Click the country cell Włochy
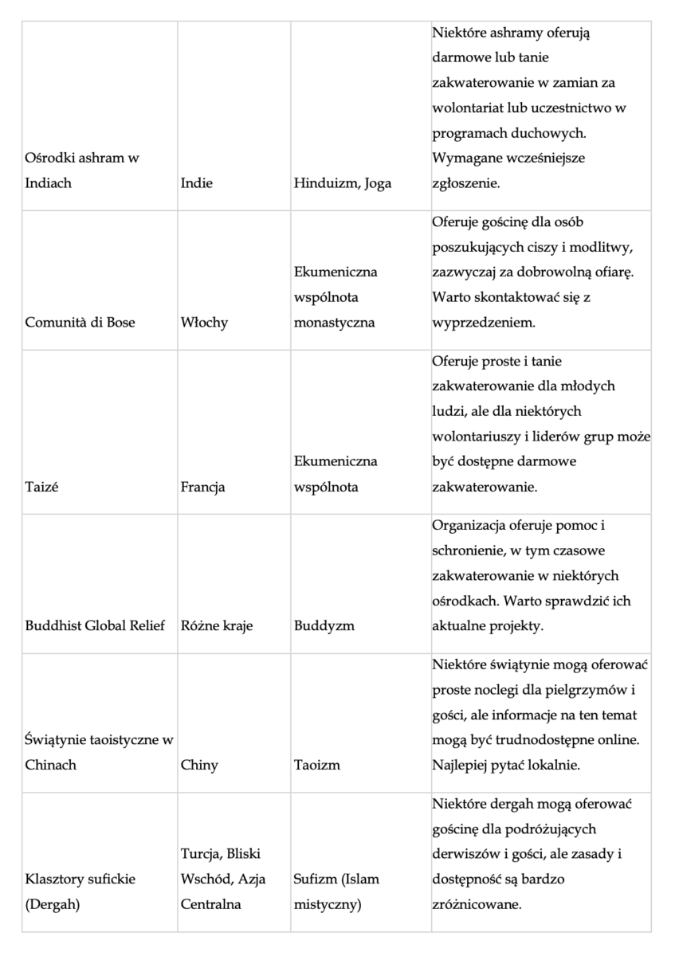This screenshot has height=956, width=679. coord(204,323)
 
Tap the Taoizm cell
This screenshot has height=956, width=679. coord(317,765)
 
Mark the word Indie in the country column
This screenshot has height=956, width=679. coord(197,182)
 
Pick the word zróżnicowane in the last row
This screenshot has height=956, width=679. coord(477,905)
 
